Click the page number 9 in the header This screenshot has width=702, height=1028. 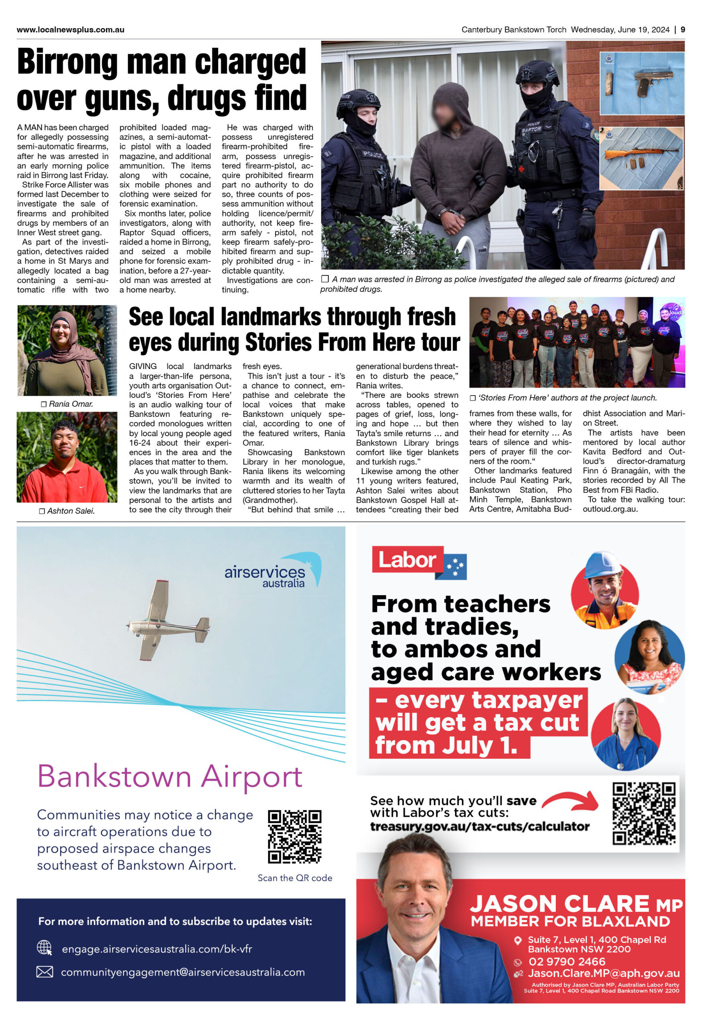click(x=683, y=30)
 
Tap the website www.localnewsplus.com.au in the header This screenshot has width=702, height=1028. click(x=70, y=30)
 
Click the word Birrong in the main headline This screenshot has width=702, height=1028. click(x=67, y=62)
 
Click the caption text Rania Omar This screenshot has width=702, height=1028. click(x=70, y=404)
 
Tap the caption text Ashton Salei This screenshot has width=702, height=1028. click(x=70, y=511)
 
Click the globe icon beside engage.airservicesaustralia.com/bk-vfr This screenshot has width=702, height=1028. click(x=44, y=948)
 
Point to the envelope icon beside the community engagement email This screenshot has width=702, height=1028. click(x=44, y=972)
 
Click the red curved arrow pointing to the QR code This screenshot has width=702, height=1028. click(x=571, y=801)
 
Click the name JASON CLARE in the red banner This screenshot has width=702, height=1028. click(x=559, y=903)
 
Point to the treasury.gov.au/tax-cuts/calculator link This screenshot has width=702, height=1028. click(x=480, y=826)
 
